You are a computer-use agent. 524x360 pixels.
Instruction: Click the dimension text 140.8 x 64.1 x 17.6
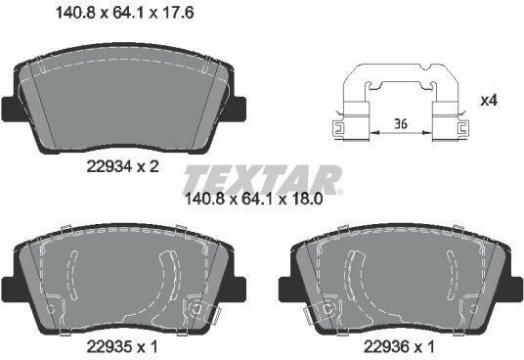click(124, 13)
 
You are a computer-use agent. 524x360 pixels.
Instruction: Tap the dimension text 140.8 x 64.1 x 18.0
click(253, 200)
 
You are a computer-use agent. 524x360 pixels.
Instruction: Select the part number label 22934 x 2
click(122, 166)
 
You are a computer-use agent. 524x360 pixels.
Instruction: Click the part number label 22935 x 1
click(121, 347)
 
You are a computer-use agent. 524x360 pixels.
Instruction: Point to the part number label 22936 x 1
click(399, 347)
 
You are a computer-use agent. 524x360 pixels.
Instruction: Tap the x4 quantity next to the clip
click(489, 101)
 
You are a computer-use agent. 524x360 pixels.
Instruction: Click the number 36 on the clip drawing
click(401, 124)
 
